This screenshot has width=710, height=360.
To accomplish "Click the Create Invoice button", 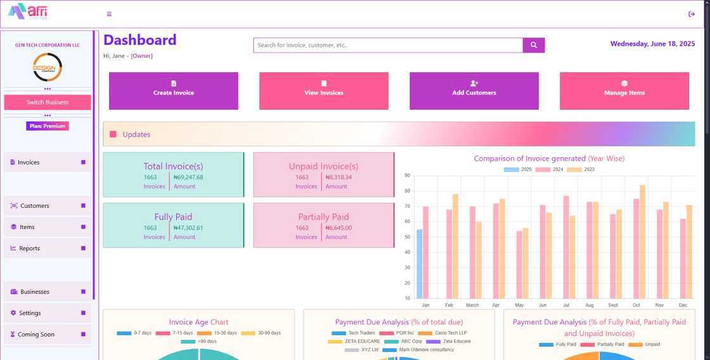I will (174, 91).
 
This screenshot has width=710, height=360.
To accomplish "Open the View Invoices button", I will (323, 91).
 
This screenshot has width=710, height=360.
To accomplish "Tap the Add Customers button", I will (474, 91).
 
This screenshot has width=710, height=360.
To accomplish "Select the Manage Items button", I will (624, 91).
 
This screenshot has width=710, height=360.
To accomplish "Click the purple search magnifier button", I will (534, 45).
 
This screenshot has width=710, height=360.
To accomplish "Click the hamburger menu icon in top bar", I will (109, 14).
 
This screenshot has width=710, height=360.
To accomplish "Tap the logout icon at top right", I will (692, 14).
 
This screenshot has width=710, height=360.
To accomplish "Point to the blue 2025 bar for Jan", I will (419, 264).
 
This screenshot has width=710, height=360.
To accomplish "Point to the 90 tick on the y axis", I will (407, 176).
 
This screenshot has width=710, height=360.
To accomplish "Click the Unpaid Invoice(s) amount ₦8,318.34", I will (339, 177).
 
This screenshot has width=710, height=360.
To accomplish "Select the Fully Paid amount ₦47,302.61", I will (188, 228).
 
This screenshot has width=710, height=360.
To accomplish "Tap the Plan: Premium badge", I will (48, 126).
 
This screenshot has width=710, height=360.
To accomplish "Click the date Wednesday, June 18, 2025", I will (652, 44).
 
